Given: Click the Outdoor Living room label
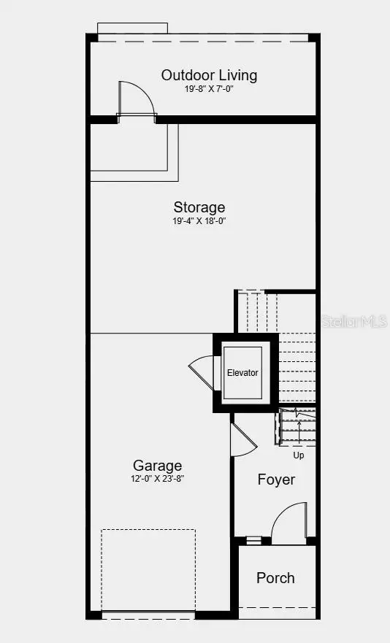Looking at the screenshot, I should click(x=209, y=75).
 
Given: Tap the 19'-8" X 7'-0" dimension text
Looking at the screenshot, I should click(x=209, y=89).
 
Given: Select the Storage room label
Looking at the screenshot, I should click(x=199, y=207).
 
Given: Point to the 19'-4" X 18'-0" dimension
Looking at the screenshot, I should click(x=199, y=220).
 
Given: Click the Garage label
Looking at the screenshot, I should click(x=157, y=466).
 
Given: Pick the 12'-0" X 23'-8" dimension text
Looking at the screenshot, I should click(x=157, y=479).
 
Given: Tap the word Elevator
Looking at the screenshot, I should click(x=242, y=372).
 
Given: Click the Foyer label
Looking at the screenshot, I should click(x=276, y=480).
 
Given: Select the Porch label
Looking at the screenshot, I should click(x=275, y=578).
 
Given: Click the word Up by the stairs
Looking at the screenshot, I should click(x=299, y=455).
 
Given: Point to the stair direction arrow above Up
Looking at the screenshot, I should click(x=299, y=431).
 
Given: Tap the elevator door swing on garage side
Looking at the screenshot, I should click(x=201, y=373).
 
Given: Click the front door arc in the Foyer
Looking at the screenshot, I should click(x=288, y=522).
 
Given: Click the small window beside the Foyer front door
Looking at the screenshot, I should click(x=253, y=541).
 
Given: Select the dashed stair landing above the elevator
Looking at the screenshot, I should click(x=256, y=310).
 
